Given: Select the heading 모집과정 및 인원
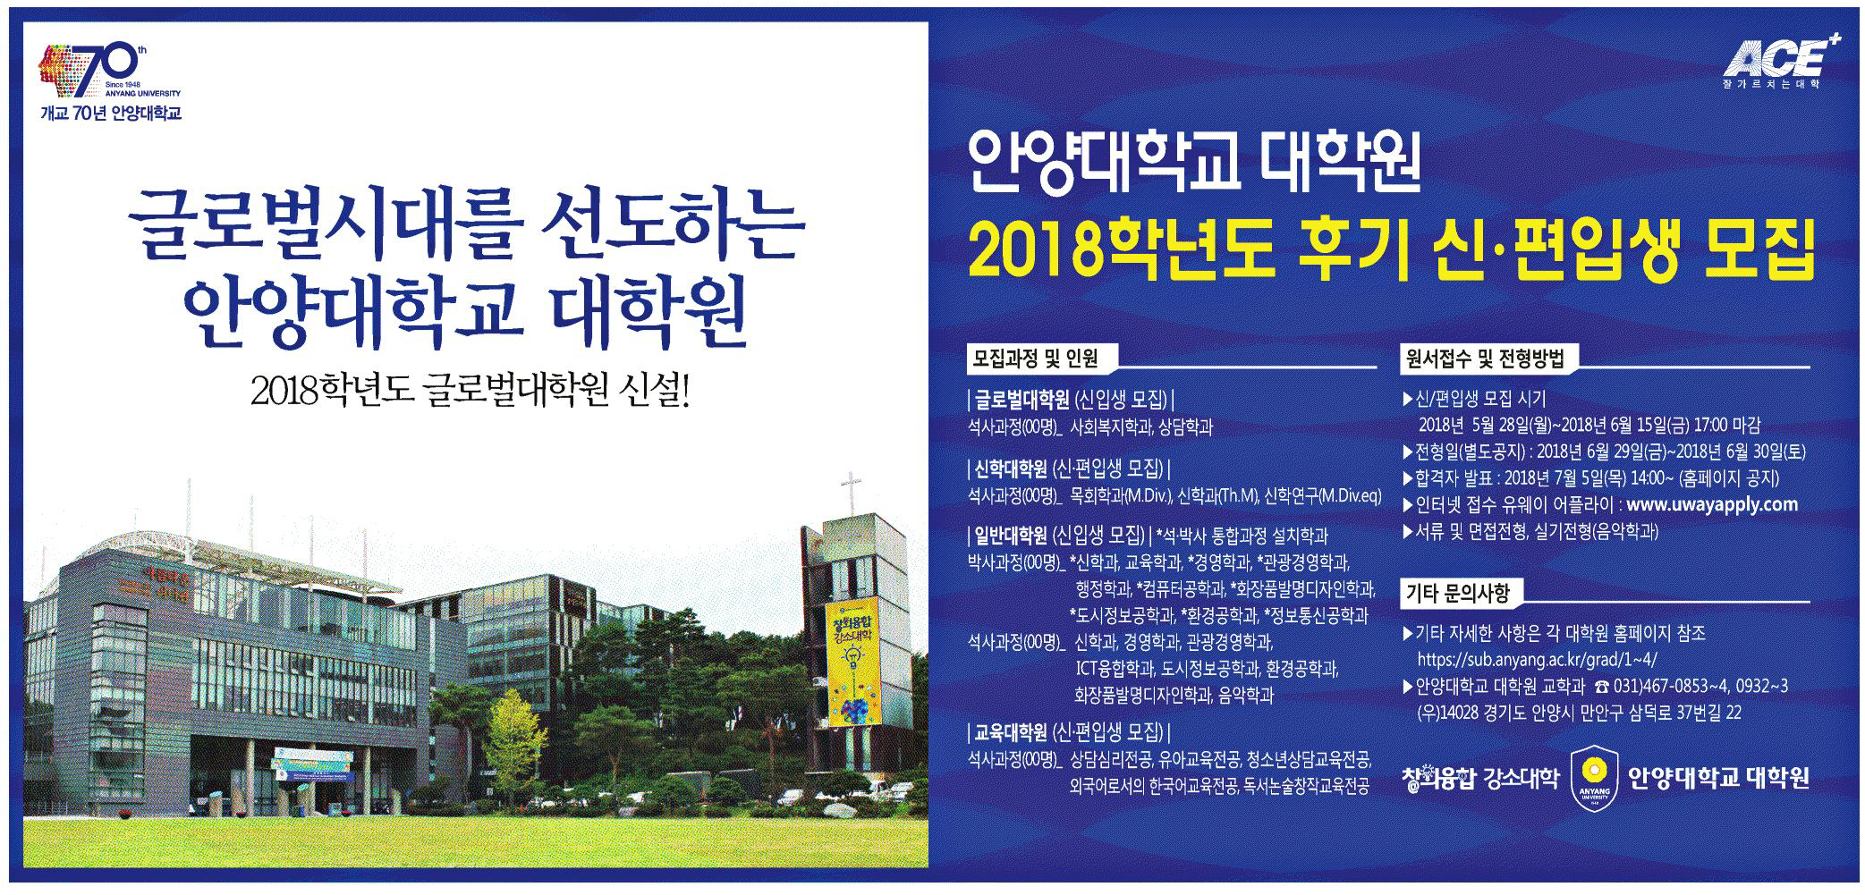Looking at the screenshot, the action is pos(1035,359).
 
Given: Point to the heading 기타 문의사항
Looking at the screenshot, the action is pos(1457,592).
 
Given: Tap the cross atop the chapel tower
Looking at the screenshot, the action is pos(851,492).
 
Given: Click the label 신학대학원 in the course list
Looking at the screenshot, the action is pos(1010,468).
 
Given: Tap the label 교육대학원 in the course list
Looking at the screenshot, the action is pos(1010,733).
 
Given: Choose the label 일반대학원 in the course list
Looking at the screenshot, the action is pos(1010,536).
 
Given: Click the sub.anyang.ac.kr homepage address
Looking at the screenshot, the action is pos(1537,661).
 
